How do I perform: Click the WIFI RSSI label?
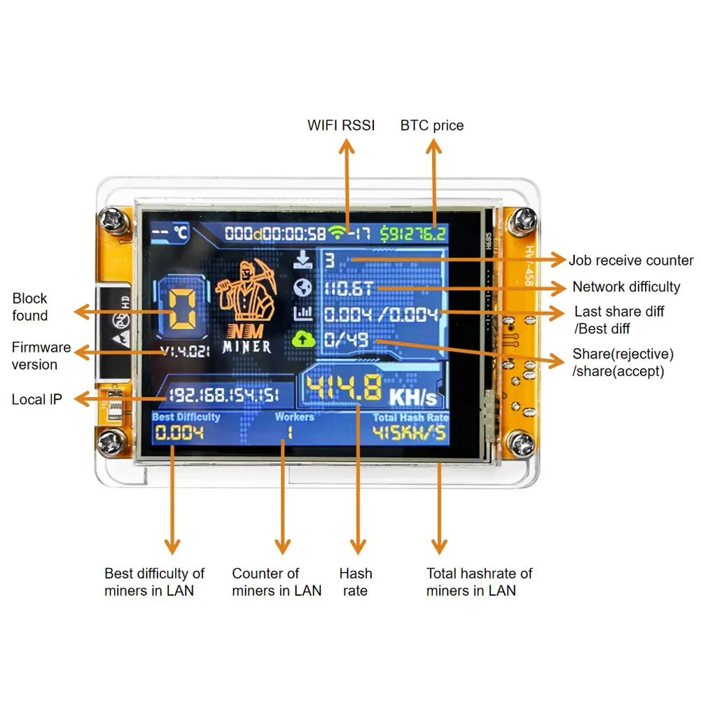[x=341, y=125]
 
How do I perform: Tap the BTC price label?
[x=432, y=125]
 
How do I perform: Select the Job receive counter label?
[x=630, y=261]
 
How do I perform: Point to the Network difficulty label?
[x=626, y=286]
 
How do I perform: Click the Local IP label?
[x=36, y=399]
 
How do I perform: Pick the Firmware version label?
[x=41, y=356]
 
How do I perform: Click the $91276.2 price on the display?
[x=413, y=233]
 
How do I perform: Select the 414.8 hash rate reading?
[x=344, y=389]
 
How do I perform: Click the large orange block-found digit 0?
[x=181, y=310]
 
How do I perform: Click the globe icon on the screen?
[x=303, y=287]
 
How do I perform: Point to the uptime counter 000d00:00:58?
[x=275, y=233]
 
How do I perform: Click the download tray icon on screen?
[x=303, y=261]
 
